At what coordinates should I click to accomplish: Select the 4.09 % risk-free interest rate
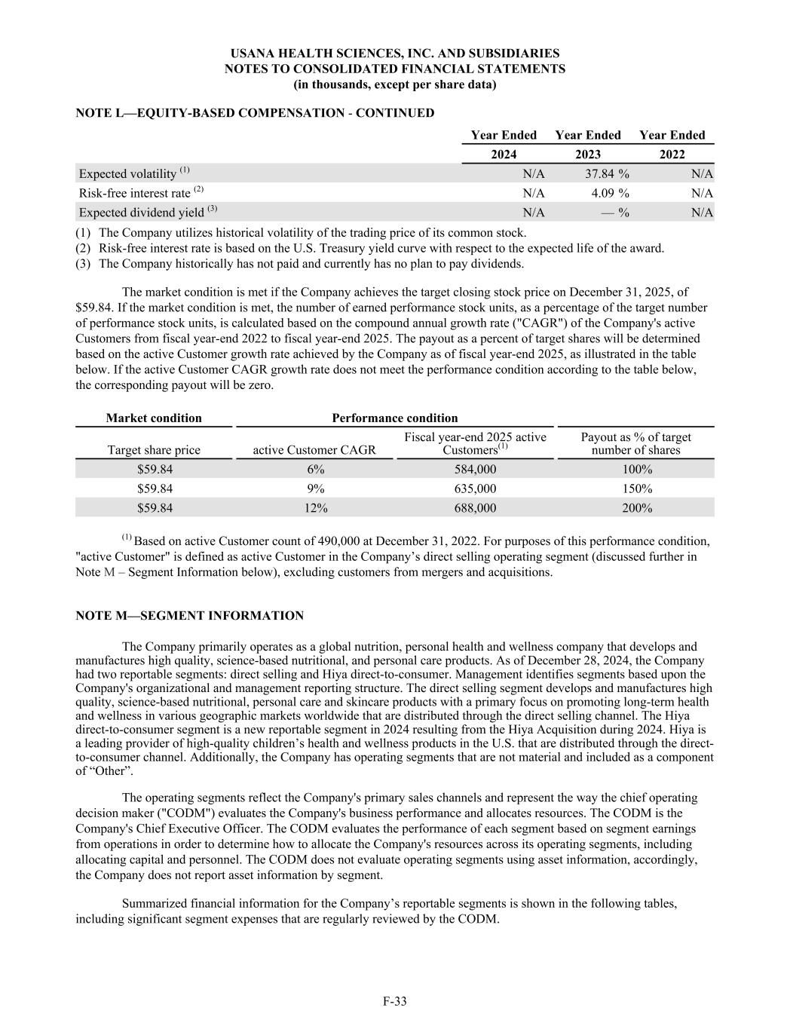coord(610,193)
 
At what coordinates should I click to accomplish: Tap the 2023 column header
coord(588,155)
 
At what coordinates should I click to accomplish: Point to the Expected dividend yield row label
coord(148,213)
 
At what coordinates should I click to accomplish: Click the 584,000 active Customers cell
coord(475,469)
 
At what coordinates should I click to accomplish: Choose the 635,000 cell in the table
coord(475,488)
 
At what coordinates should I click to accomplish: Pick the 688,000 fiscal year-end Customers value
coord(475,508)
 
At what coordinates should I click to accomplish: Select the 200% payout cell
coord(636,508)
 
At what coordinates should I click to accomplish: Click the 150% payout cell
coord(636,488)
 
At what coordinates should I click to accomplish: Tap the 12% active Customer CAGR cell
coord(315,508)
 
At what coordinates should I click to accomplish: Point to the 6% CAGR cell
coord(315,469)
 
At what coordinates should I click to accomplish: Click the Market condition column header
coord(154,418)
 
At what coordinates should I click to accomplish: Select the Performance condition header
coord(395,418)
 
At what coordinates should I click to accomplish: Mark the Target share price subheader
coord(154,450)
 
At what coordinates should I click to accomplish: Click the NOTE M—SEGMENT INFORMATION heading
coord(190,616)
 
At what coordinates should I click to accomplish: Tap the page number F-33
coord(395,1001)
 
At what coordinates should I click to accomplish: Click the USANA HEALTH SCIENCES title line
coord(395,54)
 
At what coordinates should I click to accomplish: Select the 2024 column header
coord(504,155)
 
